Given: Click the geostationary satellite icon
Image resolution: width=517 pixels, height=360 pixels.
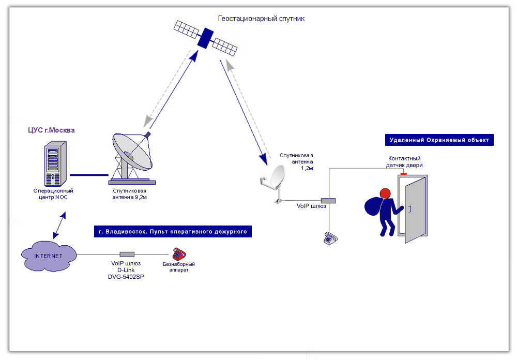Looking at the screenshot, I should pos(205,36).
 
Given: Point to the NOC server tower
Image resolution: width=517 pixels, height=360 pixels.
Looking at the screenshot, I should pos(55,163).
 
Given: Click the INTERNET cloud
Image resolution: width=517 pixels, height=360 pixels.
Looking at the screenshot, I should pos(49,255).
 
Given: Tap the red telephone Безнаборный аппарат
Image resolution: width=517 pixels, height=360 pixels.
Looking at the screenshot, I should pos(179,253).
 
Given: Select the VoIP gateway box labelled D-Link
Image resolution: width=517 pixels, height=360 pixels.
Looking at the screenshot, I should pos(127,254).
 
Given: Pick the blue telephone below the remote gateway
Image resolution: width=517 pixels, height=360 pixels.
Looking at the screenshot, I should pos(330,238).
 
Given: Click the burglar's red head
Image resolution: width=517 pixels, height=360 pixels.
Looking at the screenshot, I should pos(385,194).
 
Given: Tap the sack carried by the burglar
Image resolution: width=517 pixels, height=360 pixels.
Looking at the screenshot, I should pos(373,207).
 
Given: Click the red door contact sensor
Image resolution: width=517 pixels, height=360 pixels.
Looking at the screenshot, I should pos(403,174).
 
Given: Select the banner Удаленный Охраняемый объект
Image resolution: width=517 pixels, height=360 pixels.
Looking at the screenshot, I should pos(439,140).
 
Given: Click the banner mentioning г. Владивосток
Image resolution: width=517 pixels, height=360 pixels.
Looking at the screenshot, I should pos(173,231).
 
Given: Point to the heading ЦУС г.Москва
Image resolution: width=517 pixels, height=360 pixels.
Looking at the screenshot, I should pos(51,130).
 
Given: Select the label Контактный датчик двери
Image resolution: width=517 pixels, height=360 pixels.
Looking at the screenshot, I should pos(405,162).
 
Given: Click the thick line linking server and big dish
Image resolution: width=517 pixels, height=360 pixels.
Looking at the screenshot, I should pos(88,175).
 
